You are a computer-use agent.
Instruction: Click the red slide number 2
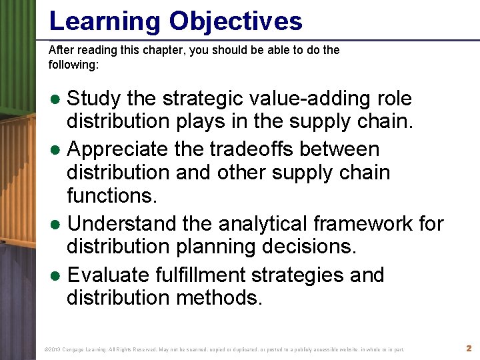[x=468, y=349]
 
